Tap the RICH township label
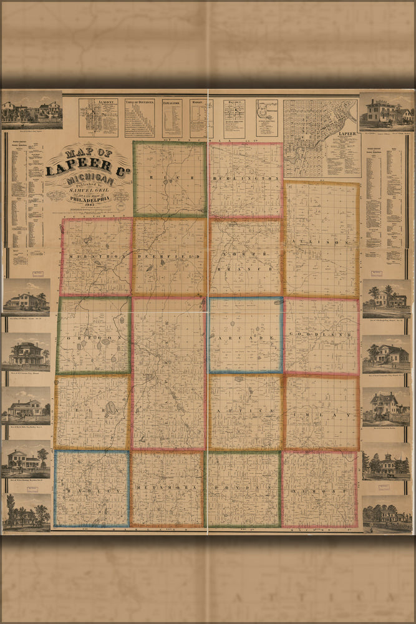pyautogui.click(x=169, y=178)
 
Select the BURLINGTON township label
pyautogui.click(x=245, y=178)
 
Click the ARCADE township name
pyautogui.click(x=245, y=338)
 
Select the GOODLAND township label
pyautogui.click(x=321, y=336)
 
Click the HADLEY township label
pyautogui.click(x=92, y=490)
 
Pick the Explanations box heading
pyautogui.click(x=172, y=101)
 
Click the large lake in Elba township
pyautogui.click(x=110, y=409)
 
